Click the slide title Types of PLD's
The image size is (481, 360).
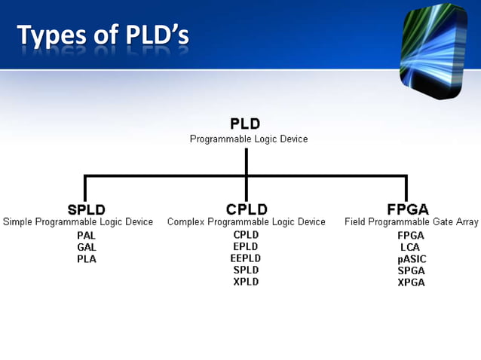(103, 35)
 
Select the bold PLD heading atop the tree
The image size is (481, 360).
(245, 124)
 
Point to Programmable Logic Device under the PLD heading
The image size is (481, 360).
(248, 139)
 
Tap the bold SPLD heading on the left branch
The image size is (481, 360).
(86, 209)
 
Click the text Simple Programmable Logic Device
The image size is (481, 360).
(78, 222)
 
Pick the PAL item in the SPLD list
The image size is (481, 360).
(87, 236)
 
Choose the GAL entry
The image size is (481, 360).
(87, 247)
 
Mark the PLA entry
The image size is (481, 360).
(87, 259)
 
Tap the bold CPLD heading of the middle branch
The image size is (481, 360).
(246, 209)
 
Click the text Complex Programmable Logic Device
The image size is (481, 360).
(247, 222)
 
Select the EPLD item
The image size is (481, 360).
(246, 246)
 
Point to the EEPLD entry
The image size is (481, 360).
(246, 258)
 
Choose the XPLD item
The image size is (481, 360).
(246, 282)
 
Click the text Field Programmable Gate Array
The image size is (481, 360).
(412, 222)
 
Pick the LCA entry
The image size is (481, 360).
(411, 247)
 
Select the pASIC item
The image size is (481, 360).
(411, 258)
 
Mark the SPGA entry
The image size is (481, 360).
(411, 270)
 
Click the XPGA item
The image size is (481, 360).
(411, 282)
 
